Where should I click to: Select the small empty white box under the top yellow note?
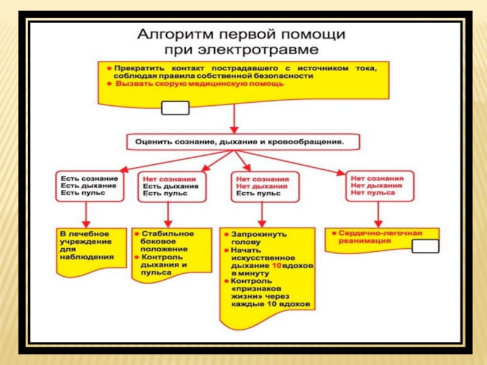(175, 108)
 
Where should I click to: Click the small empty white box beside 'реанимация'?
(425, 246)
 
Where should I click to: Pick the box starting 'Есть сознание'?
(89, 185)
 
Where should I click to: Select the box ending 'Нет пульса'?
(377, 185)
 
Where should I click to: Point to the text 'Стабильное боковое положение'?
(167, 242)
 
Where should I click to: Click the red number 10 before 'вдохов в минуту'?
(277, 266)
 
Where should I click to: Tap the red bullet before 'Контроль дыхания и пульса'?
(137, 257)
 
